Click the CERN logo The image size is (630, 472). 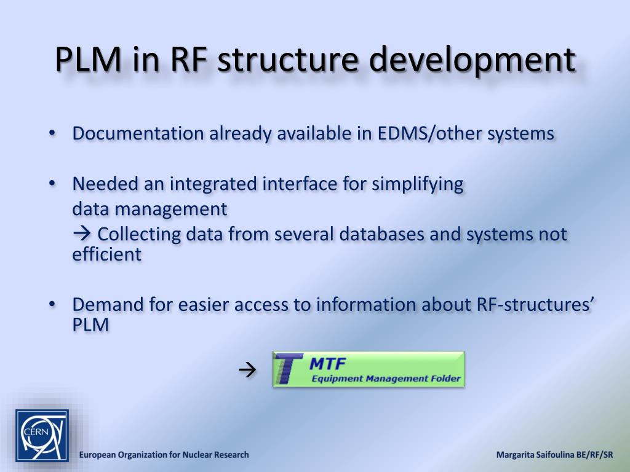(x=42, y=436)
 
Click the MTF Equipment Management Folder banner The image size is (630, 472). (x=368, y=369)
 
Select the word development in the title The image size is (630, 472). (x=473, y=60)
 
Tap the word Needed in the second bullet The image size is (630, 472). (x=105, y=184)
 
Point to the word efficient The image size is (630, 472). (x=106, y=254)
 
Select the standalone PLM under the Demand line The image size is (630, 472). (x=90, y=324)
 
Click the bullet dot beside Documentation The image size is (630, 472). (x=53, y=133)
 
